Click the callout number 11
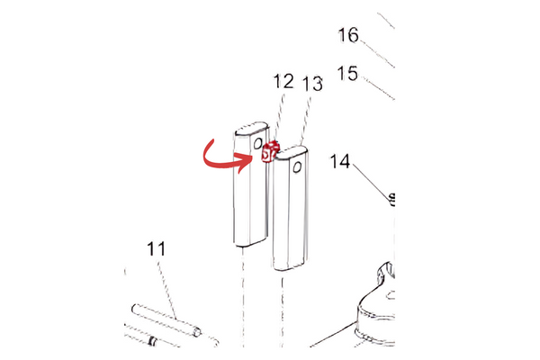pyautogui.click(x=156, y=248)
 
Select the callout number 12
pyautogui.click(x=283, y=81)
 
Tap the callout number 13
pyautogui.click(x=312, y=84)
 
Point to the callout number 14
pyautogui.click(x=340, y=161)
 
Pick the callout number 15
pyautogui.click(x=347, y=74)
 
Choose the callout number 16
pyautogui.click(x=348, y=35)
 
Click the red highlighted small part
pyautogui.click(x=270, y=152)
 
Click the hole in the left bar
pyautogui.click(x=258, y=143)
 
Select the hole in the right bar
pyautogui.click(x=297, y=167)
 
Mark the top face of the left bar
pyautogui.click(x=252, y=129)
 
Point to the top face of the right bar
pyautogui.click(x=291, y=153)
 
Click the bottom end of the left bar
pyautogui.click(x=250, y=242)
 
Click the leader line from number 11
pyautogui.click(x=167, y=291)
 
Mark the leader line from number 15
pyautogui.click(x=378, y=89)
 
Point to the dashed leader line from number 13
pyautogui.click(x=307, y=119)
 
